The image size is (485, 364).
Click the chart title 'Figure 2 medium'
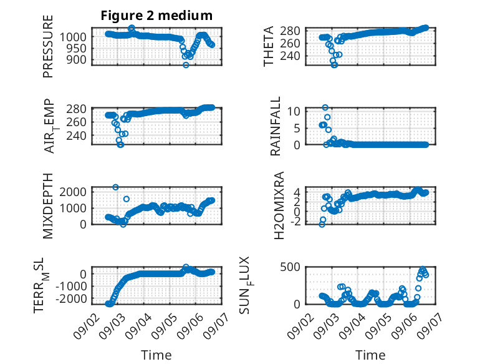click(x=156, y=16)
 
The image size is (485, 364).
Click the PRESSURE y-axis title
click(x=48, y=46)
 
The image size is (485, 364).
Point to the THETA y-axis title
click(x=269, y=46)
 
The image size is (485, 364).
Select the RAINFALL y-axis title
click(x=275, y=126)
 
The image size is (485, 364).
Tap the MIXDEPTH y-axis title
click(x=48, y=206)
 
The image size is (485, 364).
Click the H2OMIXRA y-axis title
click(x=279, y=205)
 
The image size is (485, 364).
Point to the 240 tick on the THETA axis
click(x=290, y=56)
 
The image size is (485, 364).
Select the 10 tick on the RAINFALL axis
click(x=294, y=111)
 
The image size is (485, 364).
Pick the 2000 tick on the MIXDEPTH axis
click(x=73, y=192)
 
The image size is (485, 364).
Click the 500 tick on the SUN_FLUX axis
click(x=290, y=267)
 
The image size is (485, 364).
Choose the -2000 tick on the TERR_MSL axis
click(x=71, y=299)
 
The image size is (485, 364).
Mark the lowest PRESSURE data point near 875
click(x=186, y=65)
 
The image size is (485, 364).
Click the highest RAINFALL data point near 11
click(x=325, y=107)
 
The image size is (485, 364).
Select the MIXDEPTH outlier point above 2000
click(x=115, y=187)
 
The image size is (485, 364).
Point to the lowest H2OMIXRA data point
click(x=322, y=225)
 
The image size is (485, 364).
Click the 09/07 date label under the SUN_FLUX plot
click(x=428, y=325)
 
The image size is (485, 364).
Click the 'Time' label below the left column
click(x=156, y=355)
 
